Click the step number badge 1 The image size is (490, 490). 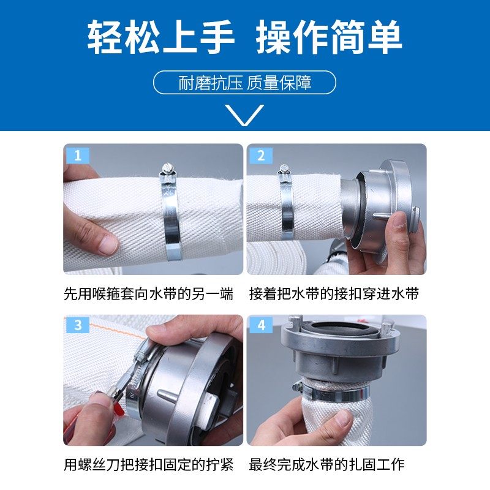[x=77, y=156]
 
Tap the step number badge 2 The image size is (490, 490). [x=261, y=156]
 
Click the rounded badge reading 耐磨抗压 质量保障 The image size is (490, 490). [x=244, y=83]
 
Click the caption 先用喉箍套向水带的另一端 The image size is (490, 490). [x=149, y=294]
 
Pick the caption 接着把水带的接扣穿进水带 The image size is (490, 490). [x=334, y=294]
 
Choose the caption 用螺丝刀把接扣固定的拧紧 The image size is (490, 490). [x=149, y=465]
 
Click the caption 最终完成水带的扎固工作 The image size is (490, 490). [x=326, y=465]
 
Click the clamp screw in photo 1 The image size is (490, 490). [x=168, y=168]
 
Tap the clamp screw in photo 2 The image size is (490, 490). [x=284, y=171]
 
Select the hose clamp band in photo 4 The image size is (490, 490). [x=331, y=389]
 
